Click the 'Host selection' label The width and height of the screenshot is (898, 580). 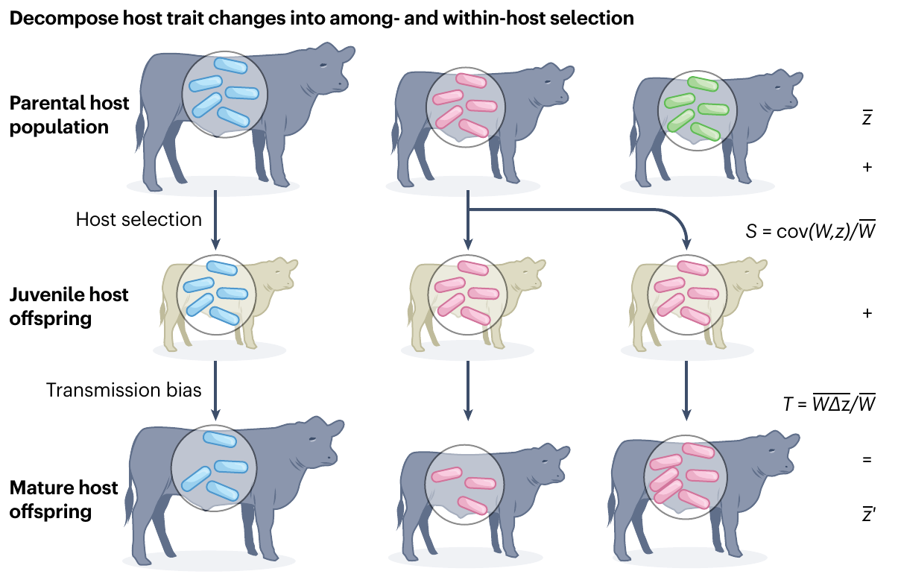pyautogui.click(x=139, y=219)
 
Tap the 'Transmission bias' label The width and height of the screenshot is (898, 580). pyautogui.click(x=124, y=390)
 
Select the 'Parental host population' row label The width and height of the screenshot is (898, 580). pyautogui.click(x=69, y=115)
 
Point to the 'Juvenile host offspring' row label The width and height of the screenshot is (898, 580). pyautogui.click(x=69, y=306)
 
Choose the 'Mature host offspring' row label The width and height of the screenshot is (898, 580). pyautogui.click(x=63, y=500)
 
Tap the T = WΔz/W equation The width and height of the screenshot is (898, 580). pyautogui.click(x=827, y=405)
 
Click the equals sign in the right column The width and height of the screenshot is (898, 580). pyautogui.click(x=867, y=460)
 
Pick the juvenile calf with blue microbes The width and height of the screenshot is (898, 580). pyautogui.click(x=224, y=298)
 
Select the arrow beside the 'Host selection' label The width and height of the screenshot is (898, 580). pyautogui.click(x=215, y=219)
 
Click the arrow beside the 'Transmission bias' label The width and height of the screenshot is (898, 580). pyautogui.click(x=215, y=390)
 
